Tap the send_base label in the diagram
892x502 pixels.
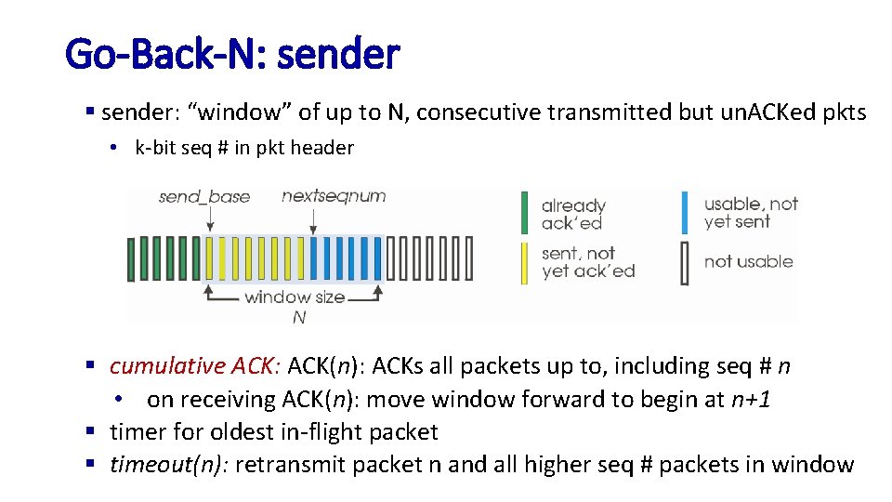(x=203, y=196)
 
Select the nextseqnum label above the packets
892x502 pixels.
(x=334, y=195)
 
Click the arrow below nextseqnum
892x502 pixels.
(x=315, y=220)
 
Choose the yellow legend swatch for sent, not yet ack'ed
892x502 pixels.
(x=524, y=262)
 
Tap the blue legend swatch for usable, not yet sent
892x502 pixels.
(x=685, y=212)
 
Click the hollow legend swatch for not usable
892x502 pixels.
(x=685, y=262)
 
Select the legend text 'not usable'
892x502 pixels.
(x=748, y=262)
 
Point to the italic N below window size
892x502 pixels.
(x=299, y=318)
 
